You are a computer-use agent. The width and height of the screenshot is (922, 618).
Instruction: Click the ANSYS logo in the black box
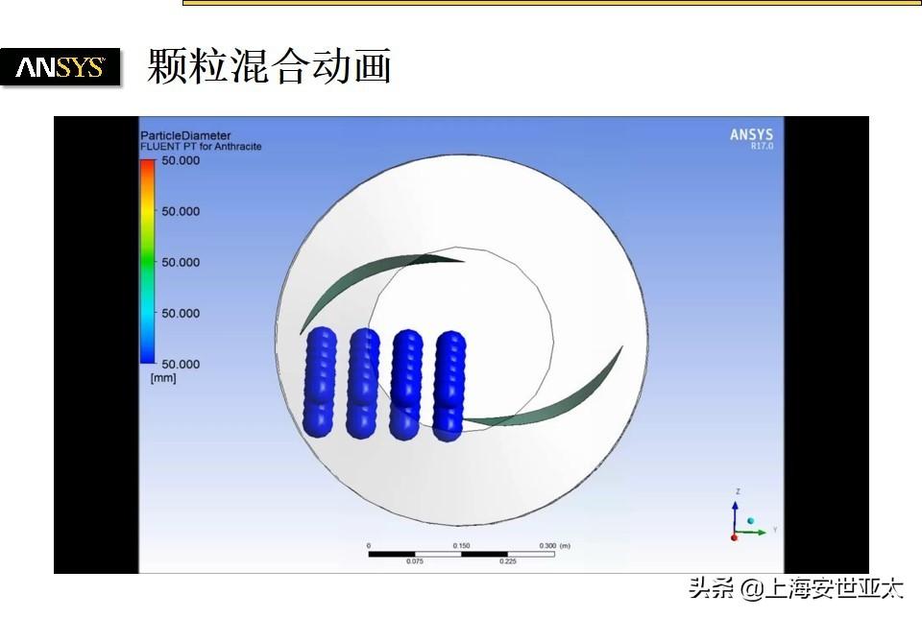(60, 67)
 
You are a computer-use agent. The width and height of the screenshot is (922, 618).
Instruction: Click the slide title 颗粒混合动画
(269, 66)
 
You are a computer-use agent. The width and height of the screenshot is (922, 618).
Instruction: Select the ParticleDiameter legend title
(185, 135)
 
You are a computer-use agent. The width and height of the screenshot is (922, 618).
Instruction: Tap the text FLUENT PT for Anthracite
(201, 146)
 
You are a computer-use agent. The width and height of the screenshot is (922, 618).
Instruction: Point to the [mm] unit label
(163, 378)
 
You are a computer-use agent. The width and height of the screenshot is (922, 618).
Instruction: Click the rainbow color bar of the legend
(148, 261)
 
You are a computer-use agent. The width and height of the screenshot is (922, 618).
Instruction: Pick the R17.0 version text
(762, 146)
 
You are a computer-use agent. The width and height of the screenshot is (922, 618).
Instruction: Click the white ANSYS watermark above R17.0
(751, 134)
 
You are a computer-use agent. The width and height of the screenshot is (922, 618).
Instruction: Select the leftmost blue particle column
(320, 382)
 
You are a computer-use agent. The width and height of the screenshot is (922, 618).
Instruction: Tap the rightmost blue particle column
(449, 386)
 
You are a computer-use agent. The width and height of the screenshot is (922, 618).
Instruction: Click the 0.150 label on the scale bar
(462, 546)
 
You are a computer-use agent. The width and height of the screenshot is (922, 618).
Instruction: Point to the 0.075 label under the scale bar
(415, 561)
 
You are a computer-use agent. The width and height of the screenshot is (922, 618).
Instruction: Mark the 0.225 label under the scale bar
(507, 561)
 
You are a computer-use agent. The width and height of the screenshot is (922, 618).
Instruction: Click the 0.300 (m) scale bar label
(554, 546)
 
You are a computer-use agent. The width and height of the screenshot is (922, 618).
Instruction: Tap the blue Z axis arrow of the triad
(735, 517)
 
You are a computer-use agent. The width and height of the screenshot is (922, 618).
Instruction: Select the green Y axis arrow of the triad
(751, 533)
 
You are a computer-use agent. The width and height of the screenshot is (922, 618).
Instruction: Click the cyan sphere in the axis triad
(750, 520)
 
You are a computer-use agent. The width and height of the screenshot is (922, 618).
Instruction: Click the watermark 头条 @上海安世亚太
(795, 588)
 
